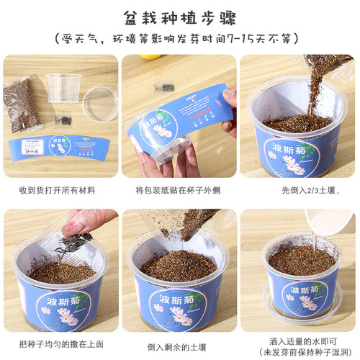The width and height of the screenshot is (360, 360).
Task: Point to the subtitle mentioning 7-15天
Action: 180,38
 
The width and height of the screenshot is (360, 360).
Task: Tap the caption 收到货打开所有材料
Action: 60,190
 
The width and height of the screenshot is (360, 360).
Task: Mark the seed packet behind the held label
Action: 165,88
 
